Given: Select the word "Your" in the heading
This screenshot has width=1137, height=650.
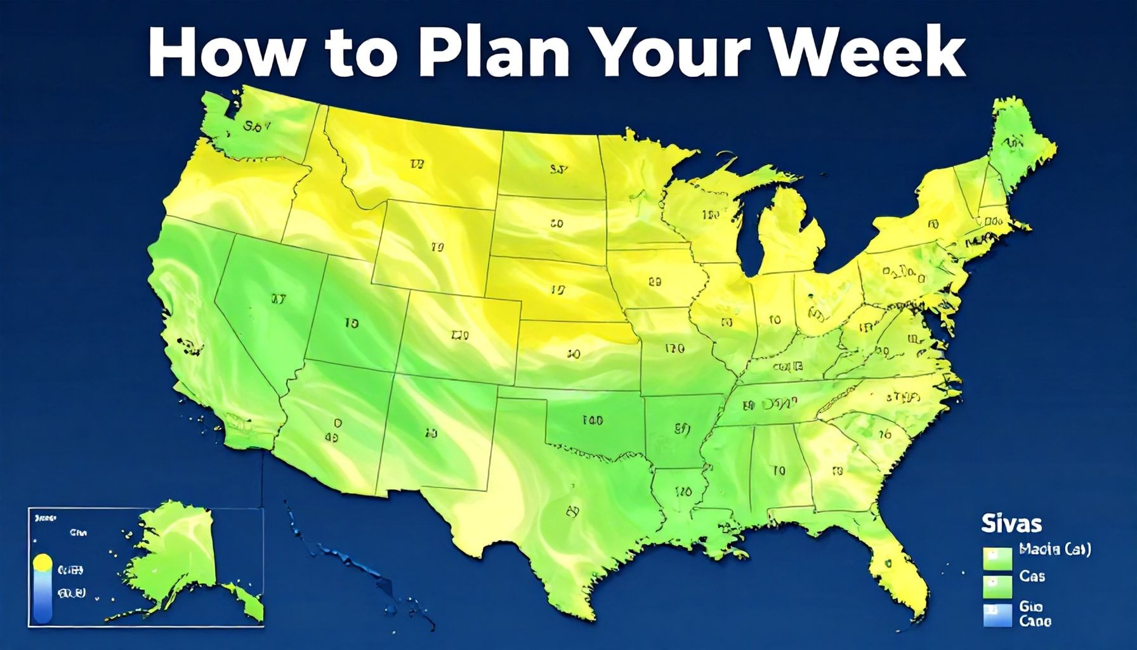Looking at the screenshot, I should click(x=688, y=53).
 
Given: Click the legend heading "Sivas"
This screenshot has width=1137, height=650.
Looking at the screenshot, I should click(x=1011, y=524).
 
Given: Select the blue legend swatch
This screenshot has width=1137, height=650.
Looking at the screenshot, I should click(x=997, y=614).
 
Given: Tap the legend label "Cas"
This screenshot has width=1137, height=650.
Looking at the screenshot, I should click(x=1032, y=576).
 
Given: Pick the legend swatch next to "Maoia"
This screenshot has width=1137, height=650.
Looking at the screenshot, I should click(x=997, y=557).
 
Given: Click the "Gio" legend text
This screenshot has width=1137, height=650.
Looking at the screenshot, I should click(x=1031, y=607).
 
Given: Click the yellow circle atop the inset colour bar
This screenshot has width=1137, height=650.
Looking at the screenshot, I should click(x=43, y=562).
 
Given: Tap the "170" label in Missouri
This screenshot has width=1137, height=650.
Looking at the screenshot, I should click(x=674, y=348).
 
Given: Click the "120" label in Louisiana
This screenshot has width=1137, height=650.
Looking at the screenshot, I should click(x=683, y=492).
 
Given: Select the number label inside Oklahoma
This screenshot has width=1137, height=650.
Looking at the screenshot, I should click(x=591, y=420).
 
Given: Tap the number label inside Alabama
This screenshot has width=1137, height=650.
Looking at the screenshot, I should click(x=779, y=470).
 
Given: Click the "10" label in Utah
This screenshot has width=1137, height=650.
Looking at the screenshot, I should click(x=351, y=323).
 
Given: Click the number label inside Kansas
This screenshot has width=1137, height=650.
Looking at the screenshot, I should click(x=574, y=354).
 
